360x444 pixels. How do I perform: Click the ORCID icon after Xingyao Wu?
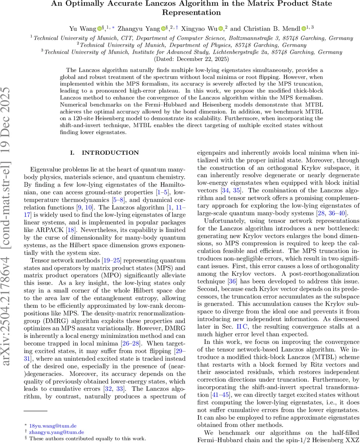pos(221,28)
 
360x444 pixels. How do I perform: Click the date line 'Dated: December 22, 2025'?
pos(191,59)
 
